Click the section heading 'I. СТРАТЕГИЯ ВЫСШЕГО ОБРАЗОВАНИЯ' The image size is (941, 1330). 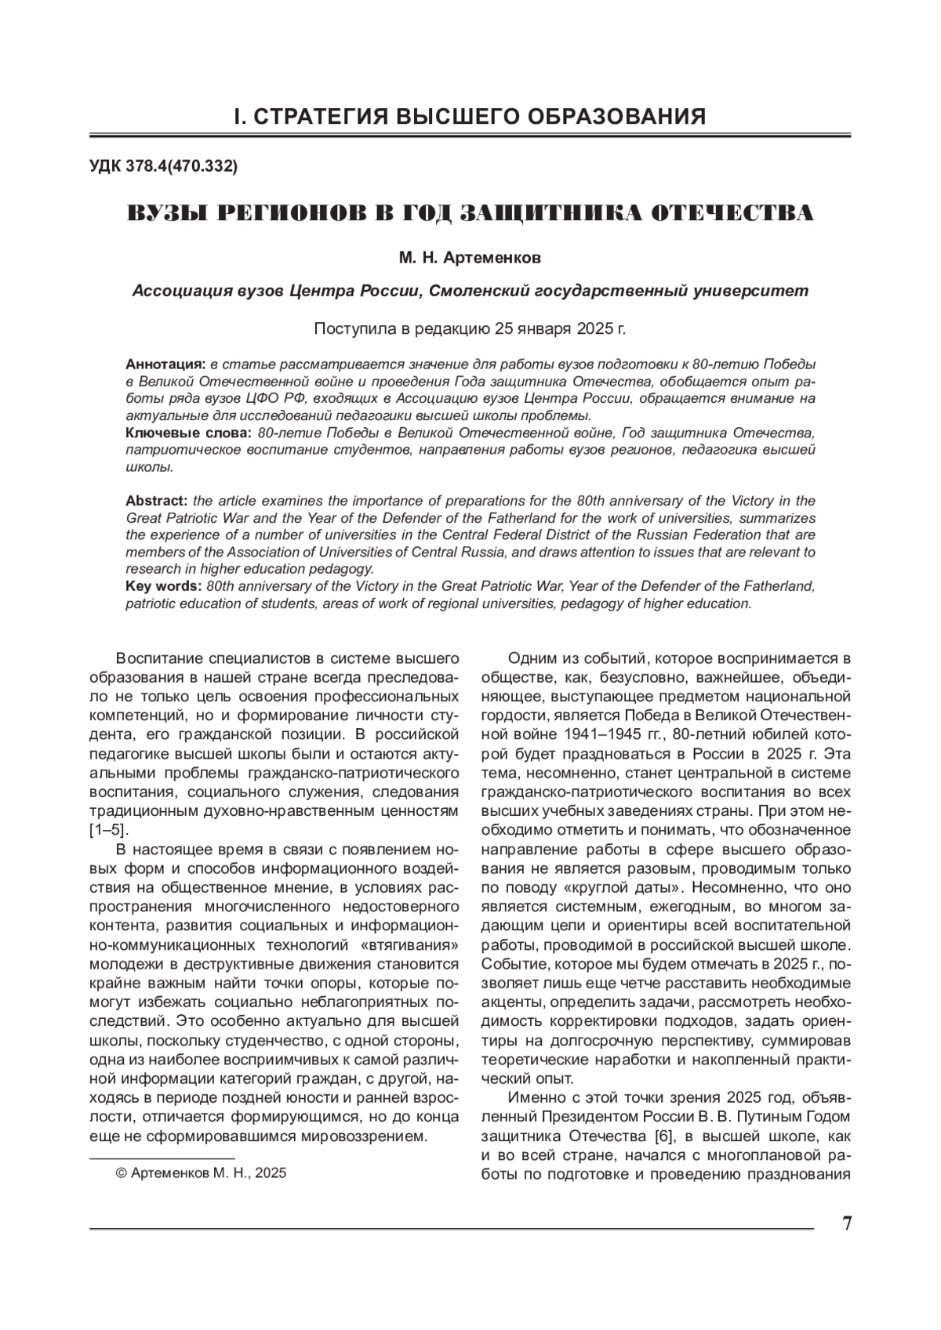click(x=470, y=118)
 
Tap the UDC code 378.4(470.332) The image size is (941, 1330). click(x=164, y=167)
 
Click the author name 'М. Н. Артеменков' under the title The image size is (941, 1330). click(x=470, y=258)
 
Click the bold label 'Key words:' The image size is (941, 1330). click(x=163, y=587)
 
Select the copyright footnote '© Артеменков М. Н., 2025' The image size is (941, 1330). click(x=201, y=1173)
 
